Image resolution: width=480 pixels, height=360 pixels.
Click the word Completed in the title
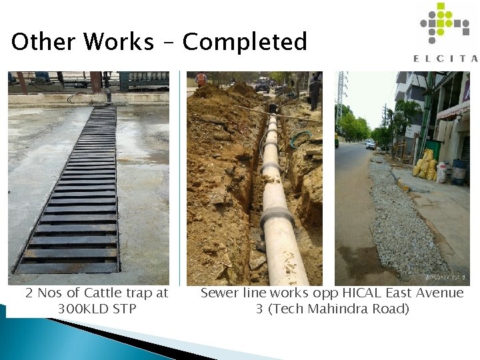pos(245,42)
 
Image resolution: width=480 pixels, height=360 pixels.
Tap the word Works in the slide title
pos(119,42)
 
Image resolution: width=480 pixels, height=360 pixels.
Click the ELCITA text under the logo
pos(445,59)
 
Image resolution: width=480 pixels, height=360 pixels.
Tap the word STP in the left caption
pos(125,309)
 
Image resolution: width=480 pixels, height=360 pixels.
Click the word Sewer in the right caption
pos(219,293)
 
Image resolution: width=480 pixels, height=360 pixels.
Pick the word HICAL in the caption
pos(366,293)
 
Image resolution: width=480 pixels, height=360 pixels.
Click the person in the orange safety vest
pos(201,80)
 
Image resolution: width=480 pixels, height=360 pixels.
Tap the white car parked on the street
pos(371,144)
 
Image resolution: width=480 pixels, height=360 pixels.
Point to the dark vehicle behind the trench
pos(263,85)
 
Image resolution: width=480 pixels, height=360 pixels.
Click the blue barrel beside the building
pos(459,172)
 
